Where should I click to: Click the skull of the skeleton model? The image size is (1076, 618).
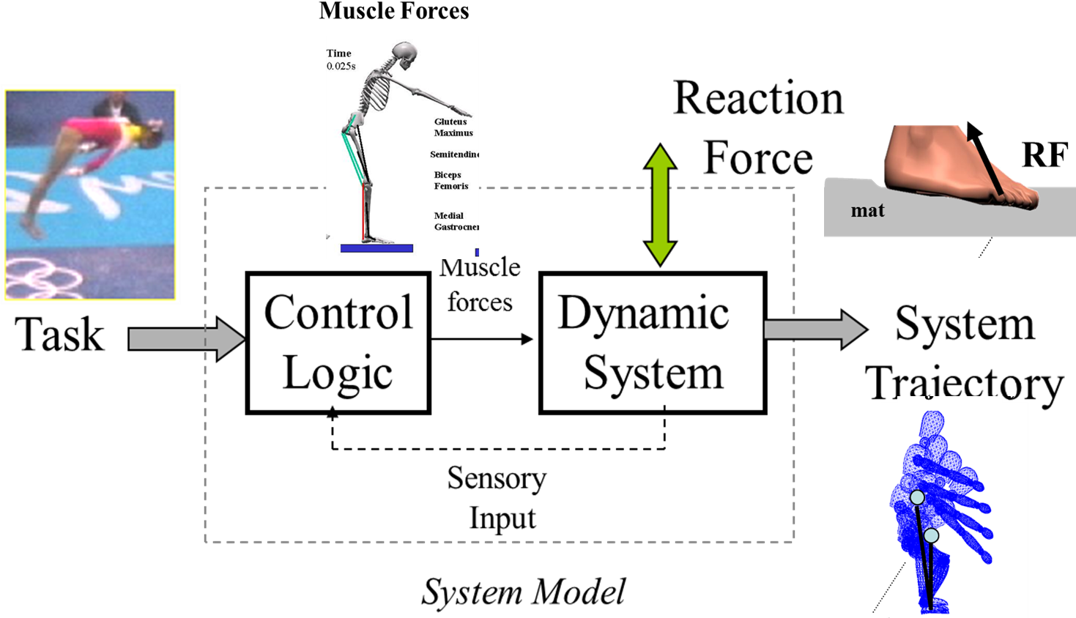404,56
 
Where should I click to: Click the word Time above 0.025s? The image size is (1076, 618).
339,53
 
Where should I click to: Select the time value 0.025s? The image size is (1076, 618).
341,67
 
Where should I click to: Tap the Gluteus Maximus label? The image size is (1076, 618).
453,127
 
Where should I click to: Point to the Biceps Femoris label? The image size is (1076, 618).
451,181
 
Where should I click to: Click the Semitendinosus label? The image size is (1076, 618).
455,154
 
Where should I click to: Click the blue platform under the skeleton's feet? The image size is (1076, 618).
376,249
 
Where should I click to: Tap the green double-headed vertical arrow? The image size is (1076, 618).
660,205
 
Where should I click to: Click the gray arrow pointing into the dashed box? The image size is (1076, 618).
186,339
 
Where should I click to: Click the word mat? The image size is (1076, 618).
868,211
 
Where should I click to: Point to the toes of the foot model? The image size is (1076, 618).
1023,197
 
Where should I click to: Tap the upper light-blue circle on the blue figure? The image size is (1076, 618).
918,498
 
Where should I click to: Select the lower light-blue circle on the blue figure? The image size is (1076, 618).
931,536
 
